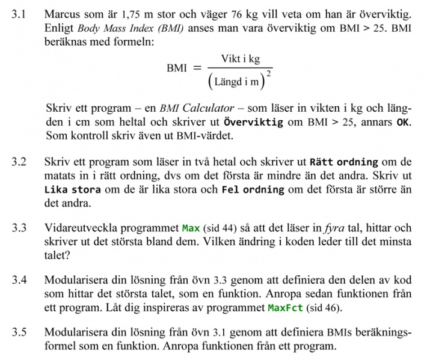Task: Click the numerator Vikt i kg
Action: click(240, 59)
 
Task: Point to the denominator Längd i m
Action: click(237, 81)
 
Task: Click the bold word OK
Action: click(403, 122)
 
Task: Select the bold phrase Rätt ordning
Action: click(343, 162)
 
